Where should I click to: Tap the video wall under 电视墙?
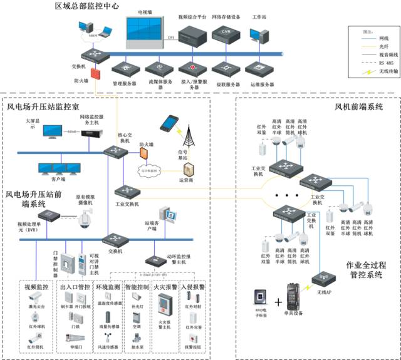148,33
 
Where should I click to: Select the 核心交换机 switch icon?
117,152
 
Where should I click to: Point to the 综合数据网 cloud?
150,170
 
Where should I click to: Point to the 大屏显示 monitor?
53,132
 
